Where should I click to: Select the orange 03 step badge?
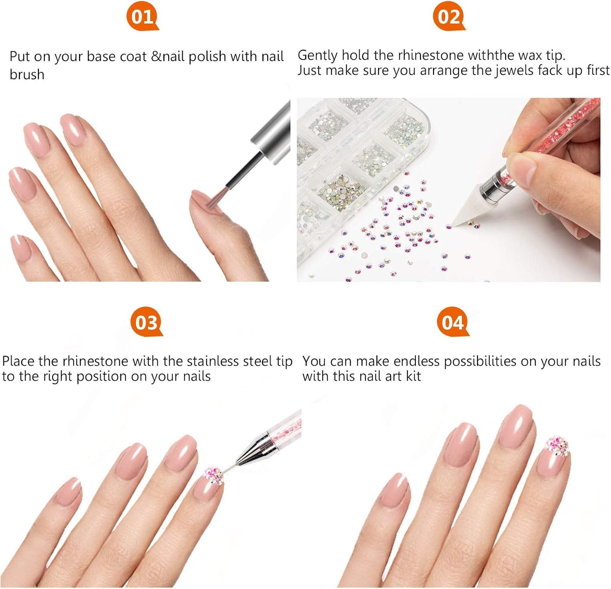(146, 323)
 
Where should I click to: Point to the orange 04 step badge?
(453, 323)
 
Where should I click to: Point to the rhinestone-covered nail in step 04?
(555, 456)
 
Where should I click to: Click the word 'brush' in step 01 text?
(27, 74)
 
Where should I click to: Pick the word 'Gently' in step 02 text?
(318, 56)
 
